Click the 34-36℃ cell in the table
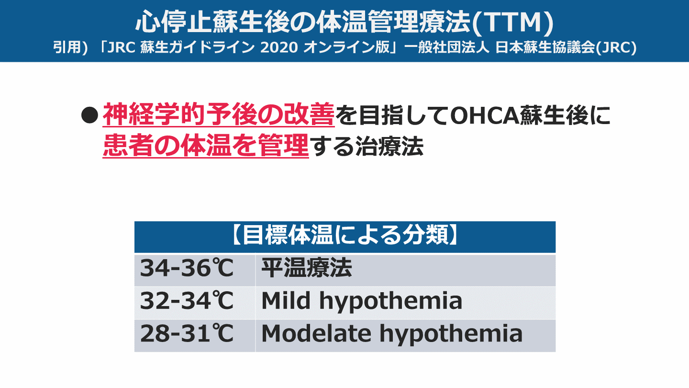click(x=187, y=269)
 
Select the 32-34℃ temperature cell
click(x=187, y=301)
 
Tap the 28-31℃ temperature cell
click(x=187, y=334)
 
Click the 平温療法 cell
click(x=306, y=269)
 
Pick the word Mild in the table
click(x=286, y=301)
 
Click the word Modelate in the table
click(x=316, y=334)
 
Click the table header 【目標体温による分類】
click(x=344, y=237)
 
